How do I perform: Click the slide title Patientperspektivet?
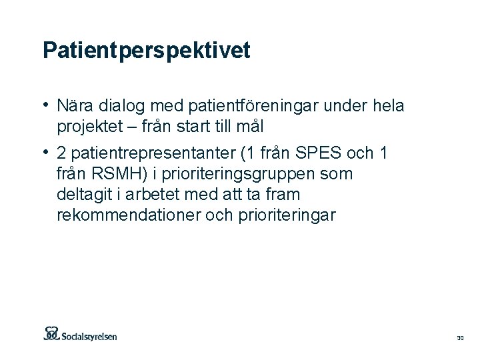click(x=146, y=51)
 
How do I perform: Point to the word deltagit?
click(x=84, y=195)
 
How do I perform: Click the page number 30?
click(x=460, y=339)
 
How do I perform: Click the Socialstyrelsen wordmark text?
click(x=90, y=336)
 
